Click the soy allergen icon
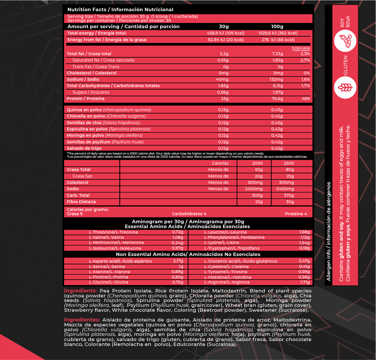click(x=345, y=41)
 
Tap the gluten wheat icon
click(x=345, y=88)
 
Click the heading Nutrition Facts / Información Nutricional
click(x=120, y=10)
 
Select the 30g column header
click(x=224, y=26)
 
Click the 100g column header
click(x=277, y=26)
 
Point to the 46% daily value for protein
click(x=306, y=99)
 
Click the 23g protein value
click(x=225, y=99)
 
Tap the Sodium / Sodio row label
click(x=83, y=79)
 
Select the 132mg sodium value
click(x=276, y=79)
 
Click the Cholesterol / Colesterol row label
click(x=91, y=73)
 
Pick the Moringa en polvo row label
click(x=105, y=135)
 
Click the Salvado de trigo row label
click(x=84, y=148)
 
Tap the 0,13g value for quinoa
click(x=223, y=110)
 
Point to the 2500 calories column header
click(x=289, y=163)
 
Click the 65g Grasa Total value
click(x=258, y=170)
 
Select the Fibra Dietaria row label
click(x=81, y=202)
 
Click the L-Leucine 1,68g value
click(x=304, y=232)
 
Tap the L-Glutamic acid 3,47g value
click(x=304, y=261)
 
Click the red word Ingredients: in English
click(x=80, y=291)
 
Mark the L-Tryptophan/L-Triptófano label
click(x=232, y=248)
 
